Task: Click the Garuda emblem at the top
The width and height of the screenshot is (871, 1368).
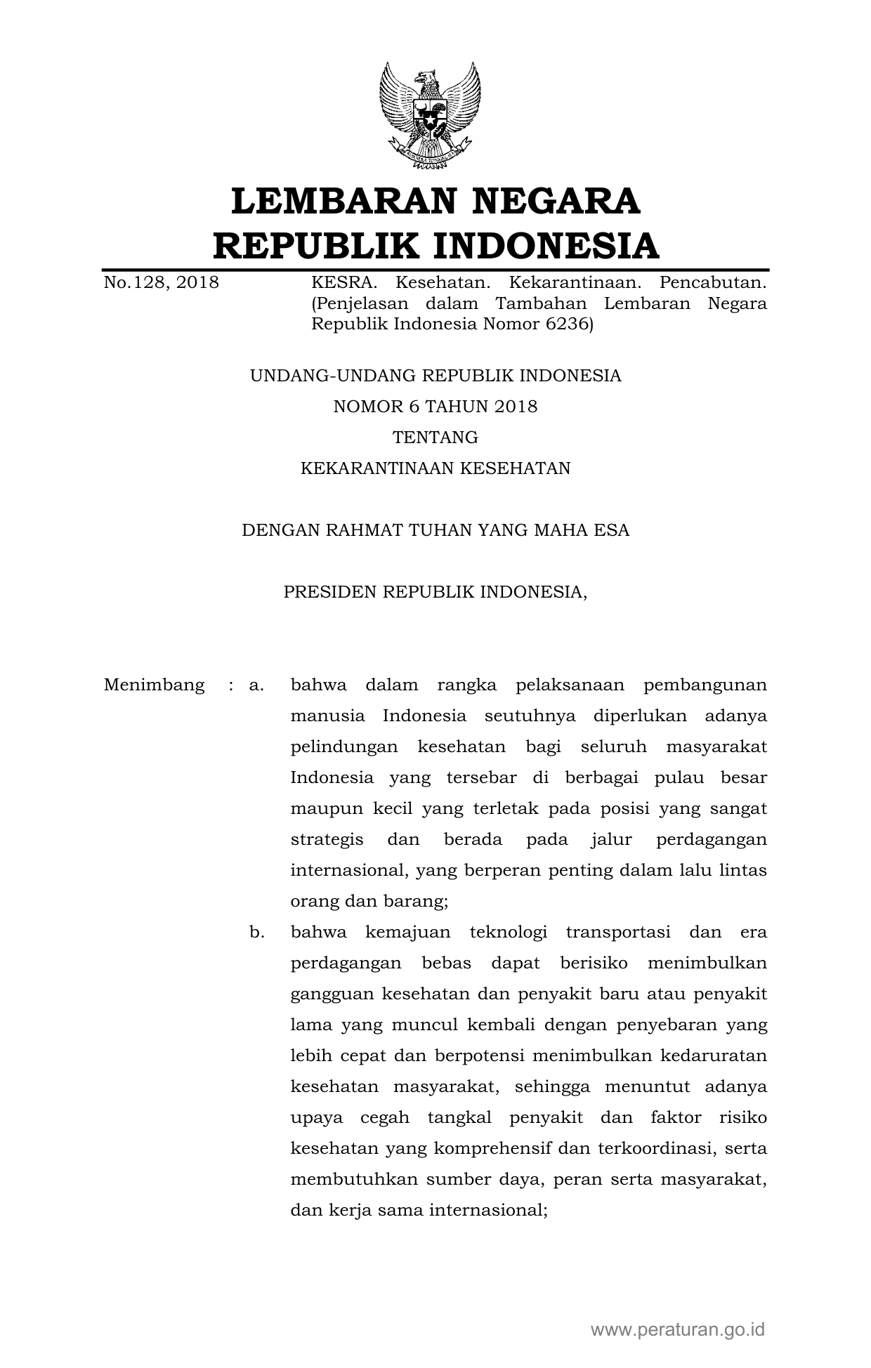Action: pos(430,114)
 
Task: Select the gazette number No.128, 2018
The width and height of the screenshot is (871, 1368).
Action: pos(161,283)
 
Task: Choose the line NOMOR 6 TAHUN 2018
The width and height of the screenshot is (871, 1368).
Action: pos(435,407)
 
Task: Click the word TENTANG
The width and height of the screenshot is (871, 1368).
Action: pos(435,438)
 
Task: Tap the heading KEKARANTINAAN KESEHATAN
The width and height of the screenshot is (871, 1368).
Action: pos(435,468)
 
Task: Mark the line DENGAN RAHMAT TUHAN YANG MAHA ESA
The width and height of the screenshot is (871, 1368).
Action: pos(435,530)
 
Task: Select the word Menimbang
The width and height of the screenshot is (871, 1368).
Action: pos(154,685)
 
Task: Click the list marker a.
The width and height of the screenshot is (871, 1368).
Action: pos(256,685)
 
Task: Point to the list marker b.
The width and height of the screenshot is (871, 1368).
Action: pos(256,932)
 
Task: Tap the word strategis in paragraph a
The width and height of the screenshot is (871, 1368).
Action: pos(327,839)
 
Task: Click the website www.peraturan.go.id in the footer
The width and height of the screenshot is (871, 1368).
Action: pos(677,1329)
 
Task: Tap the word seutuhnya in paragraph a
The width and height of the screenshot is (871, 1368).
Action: pos(530,716)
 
